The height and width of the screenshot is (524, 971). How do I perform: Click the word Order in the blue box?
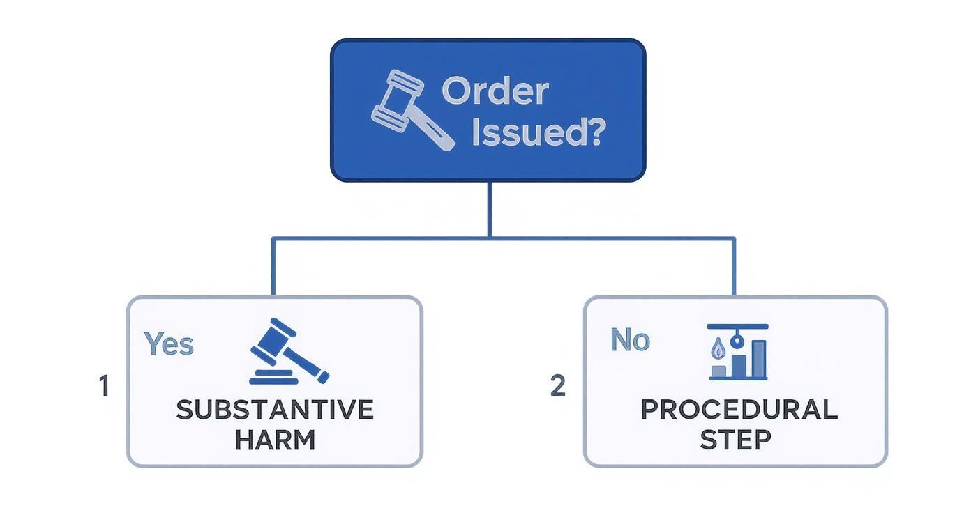495,91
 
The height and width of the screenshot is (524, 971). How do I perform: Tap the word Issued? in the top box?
536,132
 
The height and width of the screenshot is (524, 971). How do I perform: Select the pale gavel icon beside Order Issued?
410,109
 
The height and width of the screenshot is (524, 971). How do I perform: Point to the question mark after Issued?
592,132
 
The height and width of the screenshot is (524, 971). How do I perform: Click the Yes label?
169,344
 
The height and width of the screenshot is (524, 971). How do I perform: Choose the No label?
630,340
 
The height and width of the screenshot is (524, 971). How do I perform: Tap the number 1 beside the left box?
104,386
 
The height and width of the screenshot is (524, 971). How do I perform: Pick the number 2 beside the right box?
557,385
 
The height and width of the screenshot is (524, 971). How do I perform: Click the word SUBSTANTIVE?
274,410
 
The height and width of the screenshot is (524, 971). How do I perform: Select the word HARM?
274,440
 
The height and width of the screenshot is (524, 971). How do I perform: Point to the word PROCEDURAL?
739,410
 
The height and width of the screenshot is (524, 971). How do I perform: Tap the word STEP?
735,440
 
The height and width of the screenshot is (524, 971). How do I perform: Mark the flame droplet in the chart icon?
717,349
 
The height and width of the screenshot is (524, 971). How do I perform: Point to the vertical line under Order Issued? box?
489,209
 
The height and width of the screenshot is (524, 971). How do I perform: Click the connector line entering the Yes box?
273,268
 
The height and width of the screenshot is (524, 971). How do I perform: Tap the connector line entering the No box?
734,268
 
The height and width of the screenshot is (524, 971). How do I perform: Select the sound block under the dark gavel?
271,377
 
